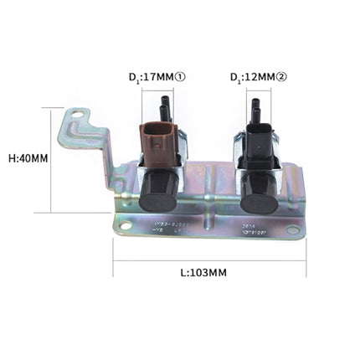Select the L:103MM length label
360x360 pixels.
203,273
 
